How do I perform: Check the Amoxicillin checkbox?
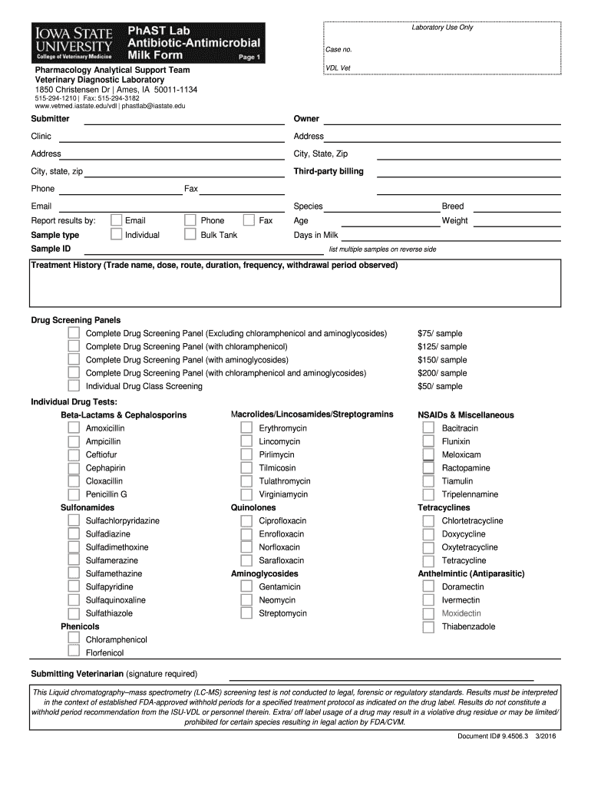click(x=74, y=428)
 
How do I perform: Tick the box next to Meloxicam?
click(x=429, y=454)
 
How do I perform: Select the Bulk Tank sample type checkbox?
click(x=190, y=235)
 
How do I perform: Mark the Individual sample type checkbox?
click(x=116, y=235)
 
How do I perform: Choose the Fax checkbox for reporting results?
click(x=249, y=220)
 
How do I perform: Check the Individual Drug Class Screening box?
click(x=74, y=386)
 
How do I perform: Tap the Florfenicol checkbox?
click(x=74, y=652)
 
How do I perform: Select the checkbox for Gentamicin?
click(x=246, y=586)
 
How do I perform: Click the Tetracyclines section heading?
click(x=444, y=507)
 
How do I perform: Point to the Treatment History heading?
click(x=214, y=266)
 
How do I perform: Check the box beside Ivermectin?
click(x=429, y=600)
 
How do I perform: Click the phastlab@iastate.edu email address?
click(x=154, y=106)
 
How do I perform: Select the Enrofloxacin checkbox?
click(x=246, y=534)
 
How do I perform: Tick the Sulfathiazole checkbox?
click(x=74, y=613)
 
